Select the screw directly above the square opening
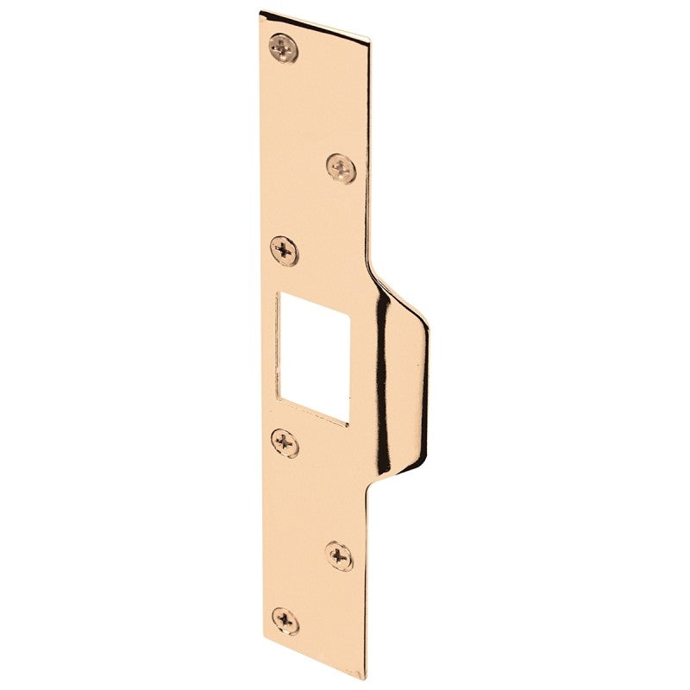(285, 251)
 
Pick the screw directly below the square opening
(285, 443)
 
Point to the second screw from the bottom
(339, 555)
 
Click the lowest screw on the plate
(285, 620)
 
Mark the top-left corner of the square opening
(276, 293)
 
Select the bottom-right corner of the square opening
(348, 424)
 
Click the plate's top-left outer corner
(260, 12)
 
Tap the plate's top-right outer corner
(371, 40)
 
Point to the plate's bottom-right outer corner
(365, 678)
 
